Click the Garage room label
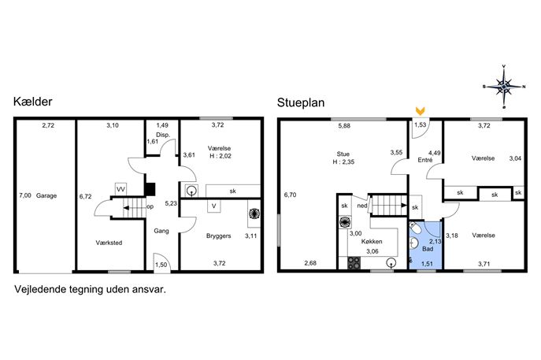click(46, 195)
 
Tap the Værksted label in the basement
click(109, 243)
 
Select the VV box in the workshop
click(120, 189)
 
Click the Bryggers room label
click(218, 236)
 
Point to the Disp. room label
click(163, 135)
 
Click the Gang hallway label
click(161, 231)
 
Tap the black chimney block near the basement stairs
click(150, 189)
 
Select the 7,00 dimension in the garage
click(25, 195)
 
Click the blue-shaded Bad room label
click(428, 249)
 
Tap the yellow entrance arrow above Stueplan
click(420, 111)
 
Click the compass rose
click(504, 87)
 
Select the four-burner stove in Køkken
click(354, 262)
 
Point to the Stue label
click(343, 154)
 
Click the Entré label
click(424, 160)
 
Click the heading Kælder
click(33, 102)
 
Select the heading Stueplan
click(301, 103)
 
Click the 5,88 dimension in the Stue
click(344, 126)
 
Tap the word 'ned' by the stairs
click(362, 206)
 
